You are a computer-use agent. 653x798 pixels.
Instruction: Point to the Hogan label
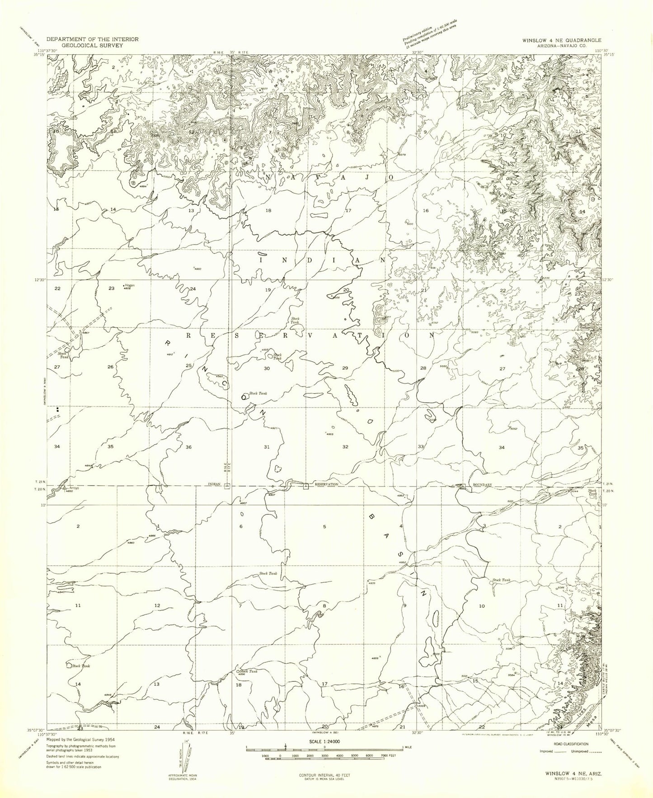click(130, 285)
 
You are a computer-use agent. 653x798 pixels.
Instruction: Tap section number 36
click(188, 447)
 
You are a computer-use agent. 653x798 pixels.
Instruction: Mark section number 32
click(345, 447)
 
